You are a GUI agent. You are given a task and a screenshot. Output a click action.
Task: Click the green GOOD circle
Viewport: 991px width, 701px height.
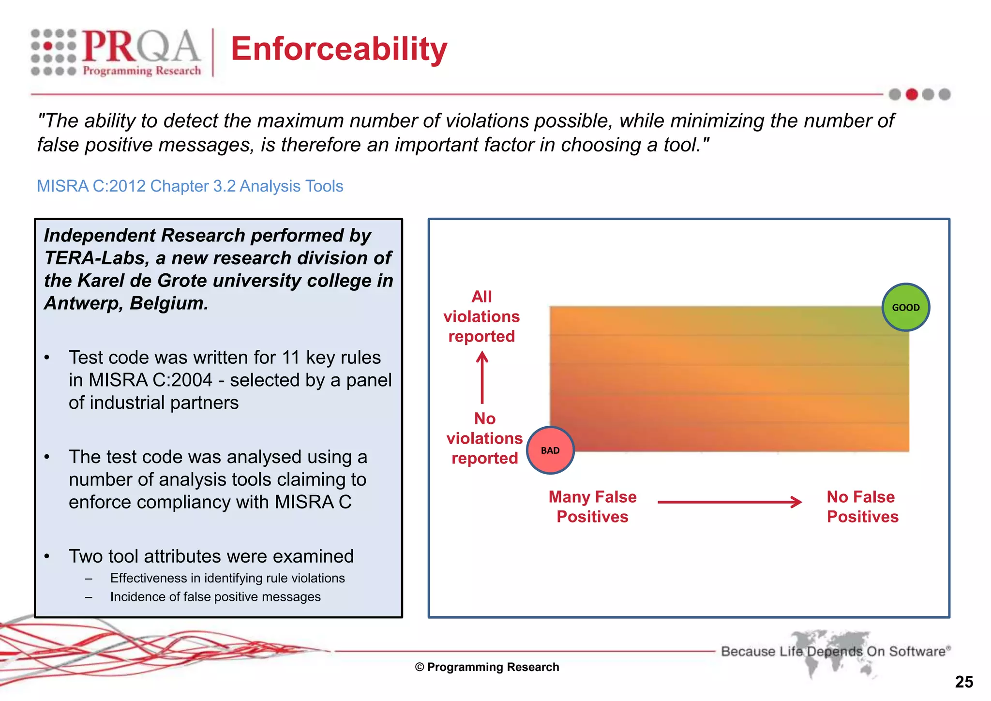[905, 307]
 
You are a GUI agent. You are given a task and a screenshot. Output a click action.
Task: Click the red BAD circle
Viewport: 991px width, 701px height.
[550, 450]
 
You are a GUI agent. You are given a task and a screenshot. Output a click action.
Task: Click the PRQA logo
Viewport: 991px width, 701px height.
[116, 52]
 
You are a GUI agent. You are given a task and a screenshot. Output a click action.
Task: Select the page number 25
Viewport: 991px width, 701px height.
[963, 682]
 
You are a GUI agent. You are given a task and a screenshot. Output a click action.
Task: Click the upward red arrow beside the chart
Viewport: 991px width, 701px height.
[482, 377]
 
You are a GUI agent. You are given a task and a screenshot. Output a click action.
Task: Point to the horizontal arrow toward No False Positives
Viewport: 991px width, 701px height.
[729, 502]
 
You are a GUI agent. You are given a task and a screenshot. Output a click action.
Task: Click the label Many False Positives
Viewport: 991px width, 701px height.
[592, 507]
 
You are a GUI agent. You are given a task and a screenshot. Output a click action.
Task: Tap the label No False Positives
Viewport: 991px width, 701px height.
[862, 507]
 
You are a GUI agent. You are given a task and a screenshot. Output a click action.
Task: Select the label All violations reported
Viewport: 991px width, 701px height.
[481, 316]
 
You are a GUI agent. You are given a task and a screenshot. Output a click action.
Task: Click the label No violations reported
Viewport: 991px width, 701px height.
[484, 438]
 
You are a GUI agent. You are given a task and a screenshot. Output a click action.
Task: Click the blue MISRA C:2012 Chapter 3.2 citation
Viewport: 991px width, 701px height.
[190, 186]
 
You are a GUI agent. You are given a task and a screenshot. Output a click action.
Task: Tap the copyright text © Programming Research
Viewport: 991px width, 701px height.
[487, 667]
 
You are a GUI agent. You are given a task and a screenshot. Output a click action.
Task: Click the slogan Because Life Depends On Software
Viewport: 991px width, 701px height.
[835, 651]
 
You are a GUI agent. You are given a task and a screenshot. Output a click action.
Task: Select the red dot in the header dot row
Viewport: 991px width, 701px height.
[912, 94]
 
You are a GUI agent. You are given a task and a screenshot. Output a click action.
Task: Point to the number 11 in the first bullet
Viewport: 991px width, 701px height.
[291, 358]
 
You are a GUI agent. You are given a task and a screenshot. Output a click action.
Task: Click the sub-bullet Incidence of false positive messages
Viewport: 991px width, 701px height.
[215, 597]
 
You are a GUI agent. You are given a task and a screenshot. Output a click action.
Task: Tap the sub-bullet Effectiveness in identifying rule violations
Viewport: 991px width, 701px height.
[227, 578]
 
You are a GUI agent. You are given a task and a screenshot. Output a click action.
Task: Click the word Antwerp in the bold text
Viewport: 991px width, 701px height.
[83, 303]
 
